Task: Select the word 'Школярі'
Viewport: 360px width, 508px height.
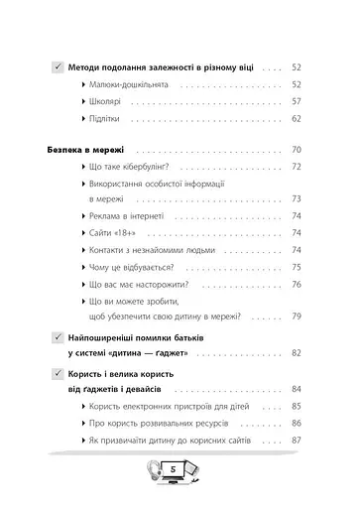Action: [x=109, y=101]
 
